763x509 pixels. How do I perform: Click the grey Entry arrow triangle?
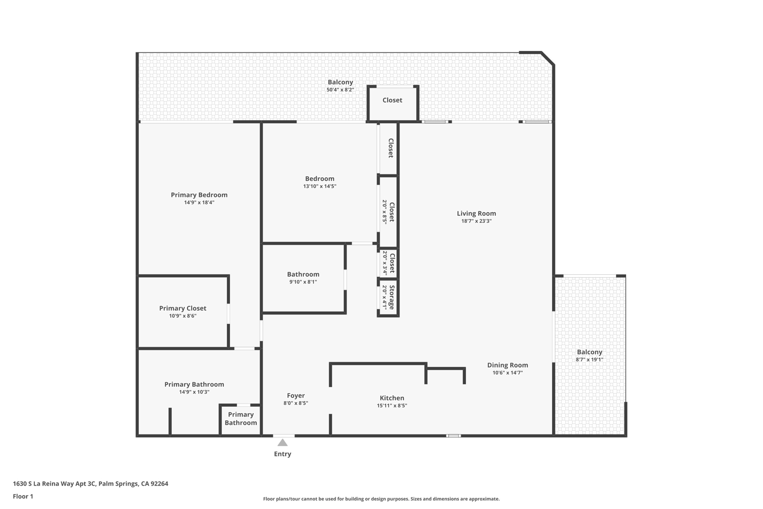(x=282, y=443)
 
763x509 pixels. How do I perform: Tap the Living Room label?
(x=476, y=213)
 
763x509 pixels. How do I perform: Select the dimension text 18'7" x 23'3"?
(x=476, y=221)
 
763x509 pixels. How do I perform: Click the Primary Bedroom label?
(x=199, y=195)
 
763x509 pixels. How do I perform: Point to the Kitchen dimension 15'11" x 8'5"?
(x=392, y=405)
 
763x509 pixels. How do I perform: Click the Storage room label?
(x=392, y=297)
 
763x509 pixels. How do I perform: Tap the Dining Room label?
(x=507, y=365)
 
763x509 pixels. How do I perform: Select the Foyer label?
(x=296, y=395)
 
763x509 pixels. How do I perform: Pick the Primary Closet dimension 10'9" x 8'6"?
(x=183, y=316)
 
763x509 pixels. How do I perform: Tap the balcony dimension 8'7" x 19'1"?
(x=589, y=360)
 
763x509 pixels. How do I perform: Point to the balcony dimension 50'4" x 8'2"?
(x=340, y=90)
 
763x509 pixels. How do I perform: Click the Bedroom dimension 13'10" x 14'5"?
(x=320, y=187)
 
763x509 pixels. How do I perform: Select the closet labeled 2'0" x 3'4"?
(x=389, y=263)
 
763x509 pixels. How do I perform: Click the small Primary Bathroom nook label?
(x=240, y=418)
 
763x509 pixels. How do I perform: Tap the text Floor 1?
(x=23, y=496)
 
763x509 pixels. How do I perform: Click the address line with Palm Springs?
(x=91, y=483)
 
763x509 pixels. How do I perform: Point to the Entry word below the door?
(x=282, y=454)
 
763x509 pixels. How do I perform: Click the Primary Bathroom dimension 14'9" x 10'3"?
(x=194, y=392)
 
